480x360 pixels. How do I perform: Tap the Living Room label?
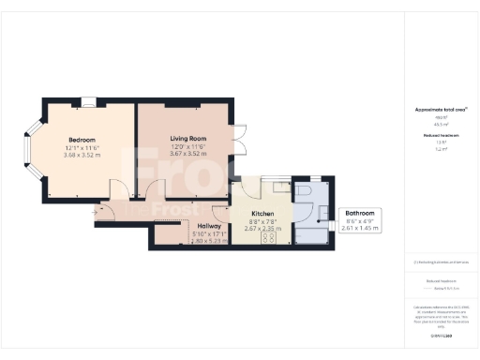coord(187,140)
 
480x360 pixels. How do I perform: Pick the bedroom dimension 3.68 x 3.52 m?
coord(82,155)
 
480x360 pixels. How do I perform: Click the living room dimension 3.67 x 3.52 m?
coord(187,155)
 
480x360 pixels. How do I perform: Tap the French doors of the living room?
coord(239,141)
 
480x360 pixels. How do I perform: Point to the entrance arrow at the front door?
coord(95,214)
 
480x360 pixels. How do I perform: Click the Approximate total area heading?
coord(440,110)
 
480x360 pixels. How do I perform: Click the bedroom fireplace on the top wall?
coord(87,101)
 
